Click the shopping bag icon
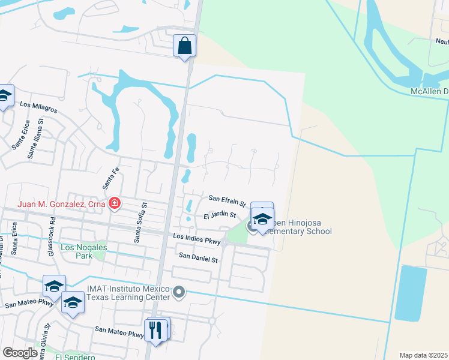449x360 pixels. [x=185, y=46]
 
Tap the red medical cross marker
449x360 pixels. [x=113, y=205]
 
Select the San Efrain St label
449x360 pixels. [x=228, y=199]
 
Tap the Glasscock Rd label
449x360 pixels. [x=52, y=242]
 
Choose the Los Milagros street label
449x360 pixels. [x=38, y=107]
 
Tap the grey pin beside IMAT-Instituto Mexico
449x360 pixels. [x=179, y=293]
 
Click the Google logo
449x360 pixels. [x=20, y=353]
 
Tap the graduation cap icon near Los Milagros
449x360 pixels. [x=4, y=96]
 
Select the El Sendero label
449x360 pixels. [x=75, y=357]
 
